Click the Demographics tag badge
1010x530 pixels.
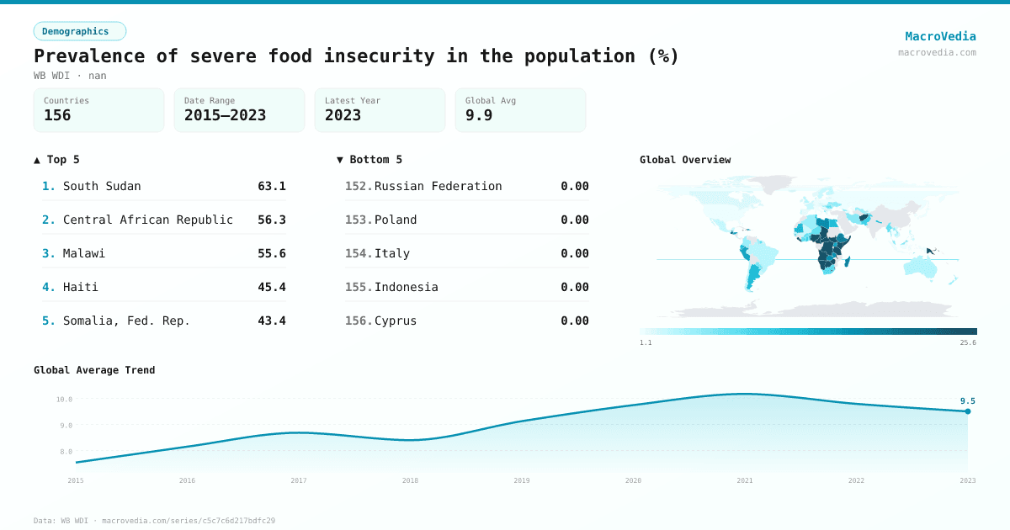tap(79, 31)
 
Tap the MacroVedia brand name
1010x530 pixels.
tap(940, 36)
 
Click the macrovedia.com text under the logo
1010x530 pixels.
tap(937, 52)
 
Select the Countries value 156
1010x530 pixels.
tap(57, 115)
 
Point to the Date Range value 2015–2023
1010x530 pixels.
tap(225, 115)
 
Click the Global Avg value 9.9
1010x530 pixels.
tap(479, 115)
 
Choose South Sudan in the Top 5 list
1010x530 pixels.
tap(102, 186)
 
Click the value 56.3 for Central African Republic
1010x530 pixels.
tap(271, 220)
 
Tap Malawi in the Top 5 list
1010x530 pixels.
tap(84, 253)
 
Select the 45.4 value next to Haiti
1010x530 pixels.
tap(271, 287)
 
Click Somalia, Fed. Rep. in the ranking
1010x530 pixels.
tap(126, 321)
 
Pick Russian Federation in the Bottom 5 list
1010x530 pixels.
tap(438, 186)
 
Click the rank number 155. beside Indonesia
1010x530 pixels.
tap(359, 287)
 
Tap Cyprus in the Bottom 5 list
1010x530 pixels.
tap(396, 321)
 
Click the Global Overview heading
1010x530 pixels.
tap(685, 160)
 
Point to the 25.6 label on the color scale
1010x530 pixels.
tap(968, 343)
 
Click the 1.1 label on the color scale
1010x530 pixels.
tap(646, 343)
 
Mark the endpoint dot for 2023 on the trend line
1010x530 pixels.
tap(968, 411)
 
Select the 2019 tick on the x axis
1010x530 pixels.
tap(522, 480)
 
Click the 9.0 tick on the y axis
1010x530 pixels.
tap(65, 426)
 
